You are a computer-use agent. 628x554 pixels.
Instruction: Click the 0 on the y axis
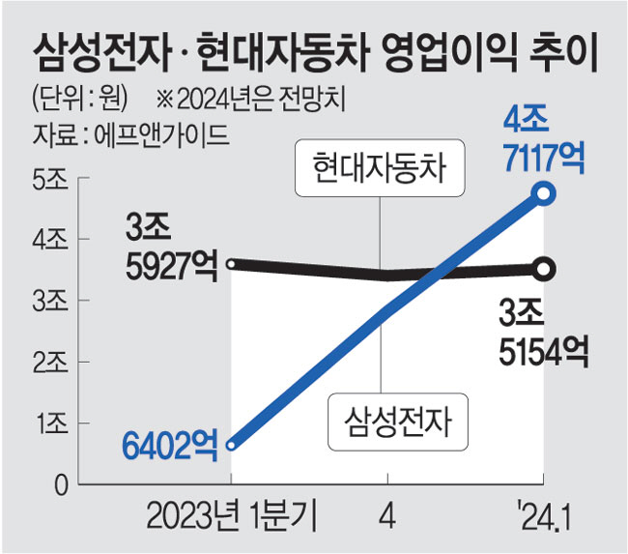pyautogui.click(x=59, y=484)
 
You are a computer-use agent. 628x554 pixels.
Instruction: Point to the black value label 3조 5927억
pyautogui.click(x=172, y=247)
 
